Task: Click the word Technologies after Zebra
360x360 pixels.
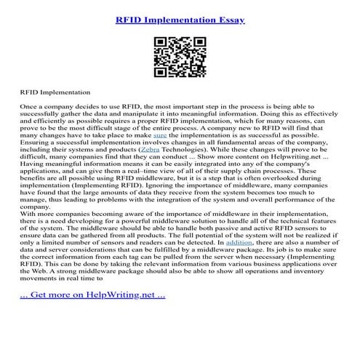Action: tap(185, 148)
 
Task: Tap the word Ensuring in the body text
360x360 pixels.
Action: tap(36, 142)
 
